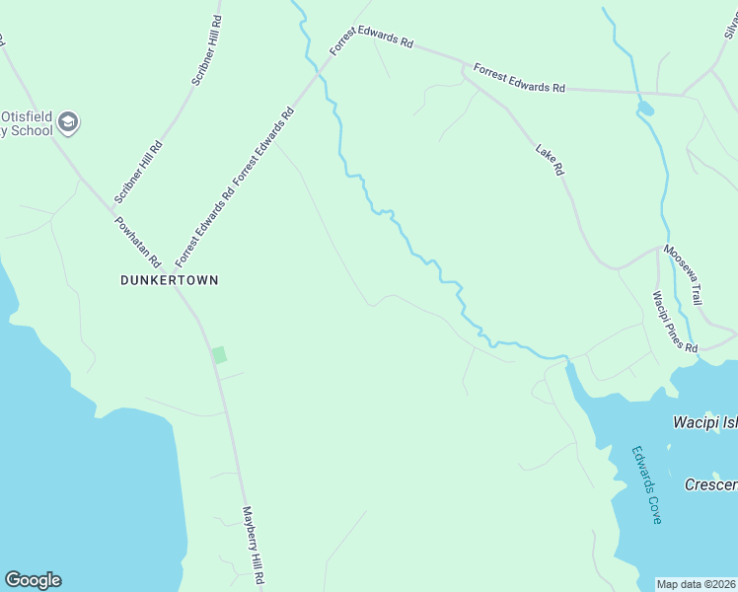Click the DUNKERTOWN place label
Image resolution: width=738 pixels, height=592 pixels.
pos(169,280)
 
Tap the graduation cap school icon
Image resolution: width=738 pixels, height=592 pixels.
pos(68,123)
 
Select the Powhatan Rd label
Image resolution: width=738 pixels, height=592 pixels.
pos(138,242)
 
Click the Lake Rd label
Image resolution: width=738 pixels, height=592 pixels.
pos(550,162)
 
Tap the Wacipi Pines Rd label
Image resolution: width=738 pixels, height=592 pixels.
pos(675,322)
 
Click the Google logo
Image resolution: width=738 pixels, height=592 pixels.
pos(33,580)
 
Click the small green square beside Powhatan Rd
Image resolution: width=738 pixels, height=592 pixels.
pos(219,354)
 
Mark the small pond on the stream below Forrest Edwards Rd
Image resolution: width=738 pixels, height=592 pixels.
pos(645,107)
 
